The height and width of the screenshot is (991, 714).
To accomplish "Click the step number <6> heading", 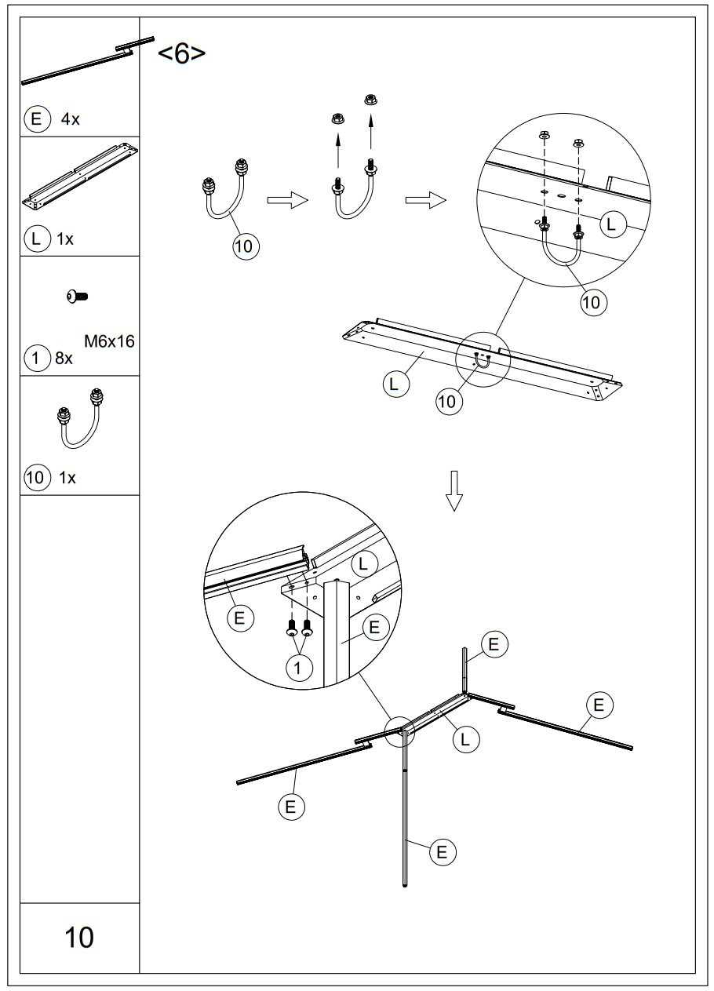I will tap(182, 53).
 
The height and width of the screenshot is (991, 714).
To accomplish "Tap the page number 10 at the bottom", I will tap(79, 937).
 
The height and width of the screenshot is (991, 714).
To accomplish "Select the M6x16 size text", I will tap(109, 341).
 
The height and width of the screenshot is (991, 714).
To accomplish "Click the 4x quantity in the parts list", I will tap(71, 119).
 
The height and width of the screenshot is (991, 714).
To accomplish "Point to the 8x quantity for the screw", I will tap(64, 359).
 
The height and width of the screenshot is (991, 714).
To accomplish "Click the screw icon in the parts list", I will tap(78, 296).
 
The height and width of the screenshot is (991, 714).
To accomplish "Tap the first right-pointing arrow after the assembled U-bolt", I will tap(286, 202).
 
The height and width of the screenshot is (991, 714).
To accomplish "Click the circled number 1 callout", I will tap(299, 668).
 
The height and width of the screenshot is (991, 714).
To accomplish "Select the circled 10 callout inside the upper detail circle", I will tap(594, 302).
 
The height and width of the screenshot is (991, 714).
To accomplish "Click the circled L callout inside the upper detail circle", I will tap(613, 225).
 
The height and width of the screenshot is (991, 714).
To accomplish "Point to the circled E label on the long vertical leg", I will tap(442, 852).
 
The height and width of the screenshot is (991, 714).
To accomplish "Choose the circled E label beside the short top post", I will tap(494, 644).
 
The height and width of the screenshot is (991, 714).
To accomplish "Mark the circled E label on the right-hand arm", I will tap(599, 705).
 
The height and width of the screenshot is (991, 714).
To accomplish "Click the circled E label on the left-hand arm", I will tap(290, 806).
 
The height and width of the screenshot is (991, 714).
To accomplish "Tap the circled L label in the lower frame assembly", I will tap(465, 739).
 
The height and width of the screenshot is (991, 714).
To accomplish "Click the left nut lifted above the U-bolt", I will tap(337, 118).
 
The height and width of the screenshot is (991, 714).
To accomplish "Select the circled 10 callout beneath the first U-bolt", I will tap(245, 246).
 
